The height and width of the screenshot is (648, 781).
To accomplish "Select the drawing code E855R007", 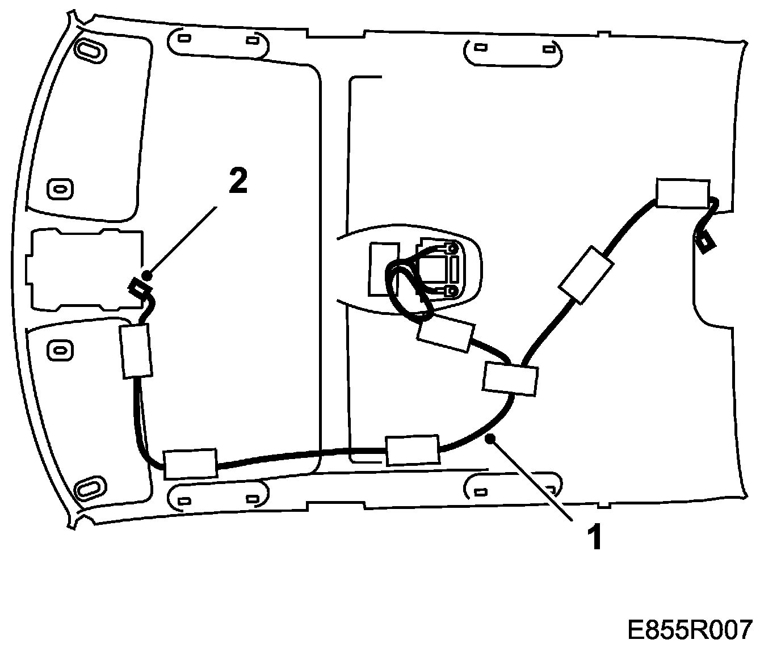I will coord(690,629).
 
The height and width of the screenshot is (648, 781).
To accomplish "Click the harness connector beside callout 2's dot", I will coord(138,289).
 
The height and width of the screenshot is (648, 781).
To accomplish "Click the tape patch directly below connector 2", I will coord(136,351).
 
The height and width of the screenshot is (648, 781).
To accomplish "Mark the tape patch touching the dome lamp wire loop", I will coord(445,335).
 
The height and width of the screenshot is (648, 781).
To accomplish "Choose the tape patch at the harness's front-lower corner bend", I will coord(190,463).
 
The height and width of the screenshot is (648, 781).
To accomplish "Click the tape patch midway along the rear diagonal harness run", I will coord(586,275).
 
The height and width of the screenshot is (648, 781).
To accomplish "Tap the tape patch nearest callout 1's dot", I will coord(412,451).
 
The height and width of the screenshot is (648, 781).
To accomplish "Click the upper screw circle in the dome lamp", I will coord(452,249).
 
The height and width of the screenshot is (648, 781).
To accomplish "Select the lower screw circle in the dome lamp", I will coord(452,291).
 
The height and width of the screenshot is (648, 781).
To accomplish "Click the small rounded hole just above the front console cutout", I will coord(60,187).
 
